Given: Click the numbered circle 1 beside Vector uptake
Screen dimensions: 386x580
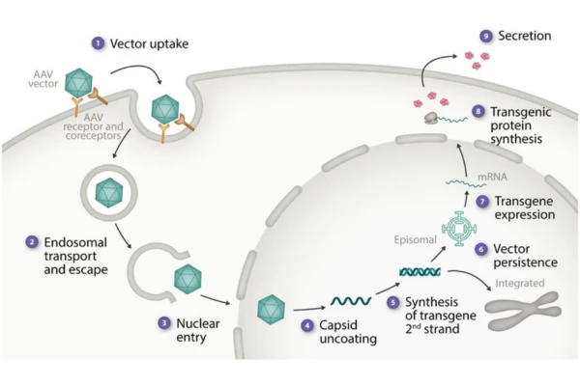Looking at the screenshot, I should click(97, 43).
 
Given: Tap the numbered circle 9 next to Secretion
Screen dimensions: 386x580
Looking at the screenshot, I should click(485, 37).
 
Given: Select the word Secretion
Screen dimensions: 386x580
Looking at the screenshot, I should click(525, 37).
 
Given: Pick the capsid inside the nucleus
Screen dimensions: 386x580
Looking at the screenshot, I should click(271, 311).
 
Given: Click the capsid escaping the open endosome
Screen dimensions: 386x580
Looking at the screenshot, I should click(186, 280).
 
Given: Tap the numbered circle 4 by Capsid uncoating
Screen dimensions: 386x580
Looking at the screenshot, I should click(306, 326).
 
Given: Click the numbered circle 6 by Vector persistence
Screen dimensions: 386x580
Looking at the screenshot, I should click(480, 250).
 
